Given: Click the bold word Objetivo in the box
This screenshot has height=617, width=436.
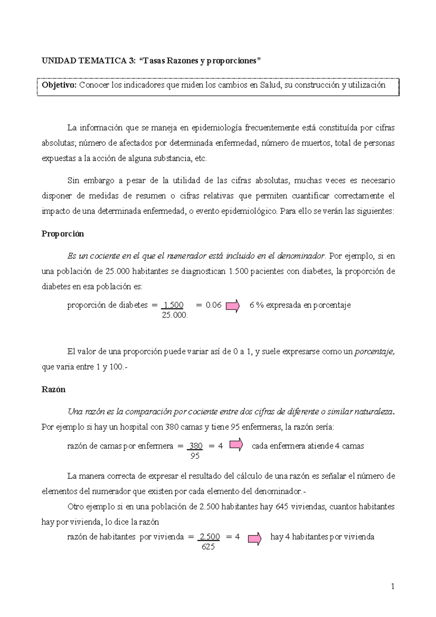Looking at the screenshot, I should pos(59,85).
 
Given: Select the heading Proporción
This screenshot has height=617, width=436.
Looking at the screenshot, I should pos(62,234).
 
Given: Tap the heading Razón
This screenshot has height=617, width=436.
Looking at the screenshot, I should pos(53,390).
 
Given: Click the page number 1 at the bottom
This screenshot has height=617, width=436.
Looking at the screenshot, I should pos(393,586).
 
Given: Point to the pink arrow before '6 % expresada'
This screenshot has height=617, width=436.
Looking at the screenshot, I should pos(233,306).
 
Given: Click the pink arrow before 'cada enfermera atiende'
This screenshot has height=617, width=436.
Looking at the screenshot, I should pos(236,445).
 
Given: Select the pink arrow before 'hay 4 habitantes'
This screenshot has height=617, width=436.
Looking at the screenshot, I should pos(254,538).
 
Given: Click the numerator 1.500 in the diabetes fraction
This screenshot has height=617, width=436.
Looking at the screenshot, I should pos(174,305).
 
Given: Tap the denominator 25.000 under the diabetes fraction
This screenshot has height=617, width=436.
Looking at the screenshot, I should pos(174,315).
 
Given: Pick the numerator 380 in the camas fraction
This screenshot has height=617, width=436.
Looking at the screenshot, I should pos(196,446).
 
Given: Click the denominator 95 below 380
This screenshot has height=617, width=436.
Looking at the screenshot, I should pos(195,456).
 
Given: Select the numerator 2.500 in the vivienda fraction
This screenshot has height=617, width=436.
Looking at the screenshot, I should pos(210,537).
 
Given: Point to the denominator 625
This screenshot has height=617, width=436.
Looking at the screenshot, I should pos(208,547).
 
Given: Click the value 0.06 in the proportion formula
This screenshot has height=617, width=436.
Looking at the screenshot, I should pos(213,305).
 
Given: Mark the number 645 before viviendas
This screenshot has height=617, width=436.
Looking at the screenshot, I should pos(282,507).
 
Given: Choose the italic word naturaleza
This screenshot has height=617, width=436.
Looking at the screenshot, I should pos(375,412).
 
